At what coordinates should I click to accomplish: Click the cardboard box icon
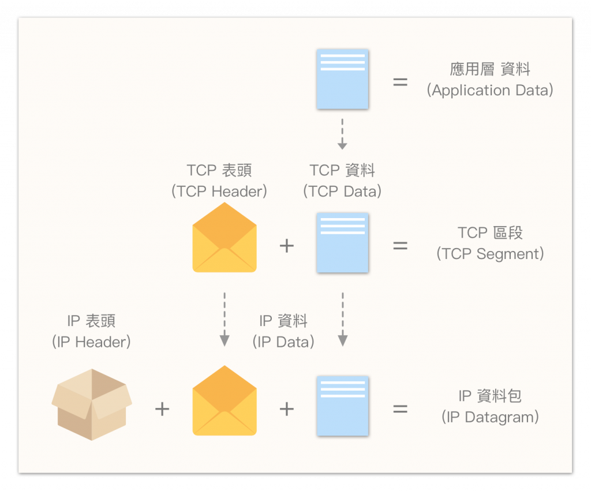[92, 404]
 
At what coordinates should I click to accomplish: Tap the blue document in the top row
[342, 79]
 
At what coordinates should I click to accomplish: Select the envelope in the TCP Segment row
[224, 238]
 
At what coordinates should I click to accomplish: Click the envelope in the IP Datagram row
[224, 401]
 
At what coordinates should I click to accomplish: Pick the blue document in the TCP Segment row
[342, 242]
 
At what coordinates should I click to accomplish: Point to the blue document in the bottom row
[342, 406]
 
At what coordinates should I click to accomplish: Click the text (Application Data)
[490, 91]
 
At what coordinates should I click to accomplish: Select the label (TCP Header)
[219, 192]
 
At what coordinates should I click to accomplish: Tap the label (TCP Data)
[342, 192]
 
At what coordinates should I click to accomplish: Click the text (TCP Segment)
[490, 254]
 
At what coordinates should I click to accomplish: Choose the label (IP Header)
[92, 342]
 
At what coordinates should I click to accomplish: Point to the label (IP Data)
[283, 342]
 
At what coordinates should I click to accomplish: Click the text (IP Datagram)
[490, 417]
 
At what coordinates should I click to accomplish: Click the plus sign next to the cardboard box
[162, 409]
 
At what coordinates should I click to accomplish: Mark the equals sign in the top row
[400, 82]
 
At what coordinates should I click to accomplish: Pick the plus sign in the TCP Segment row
[286, 246]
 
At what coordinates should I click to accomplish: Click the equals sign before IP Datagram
[400, 409]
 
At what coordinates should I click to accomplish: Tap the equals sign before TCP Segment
[400, 246]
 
